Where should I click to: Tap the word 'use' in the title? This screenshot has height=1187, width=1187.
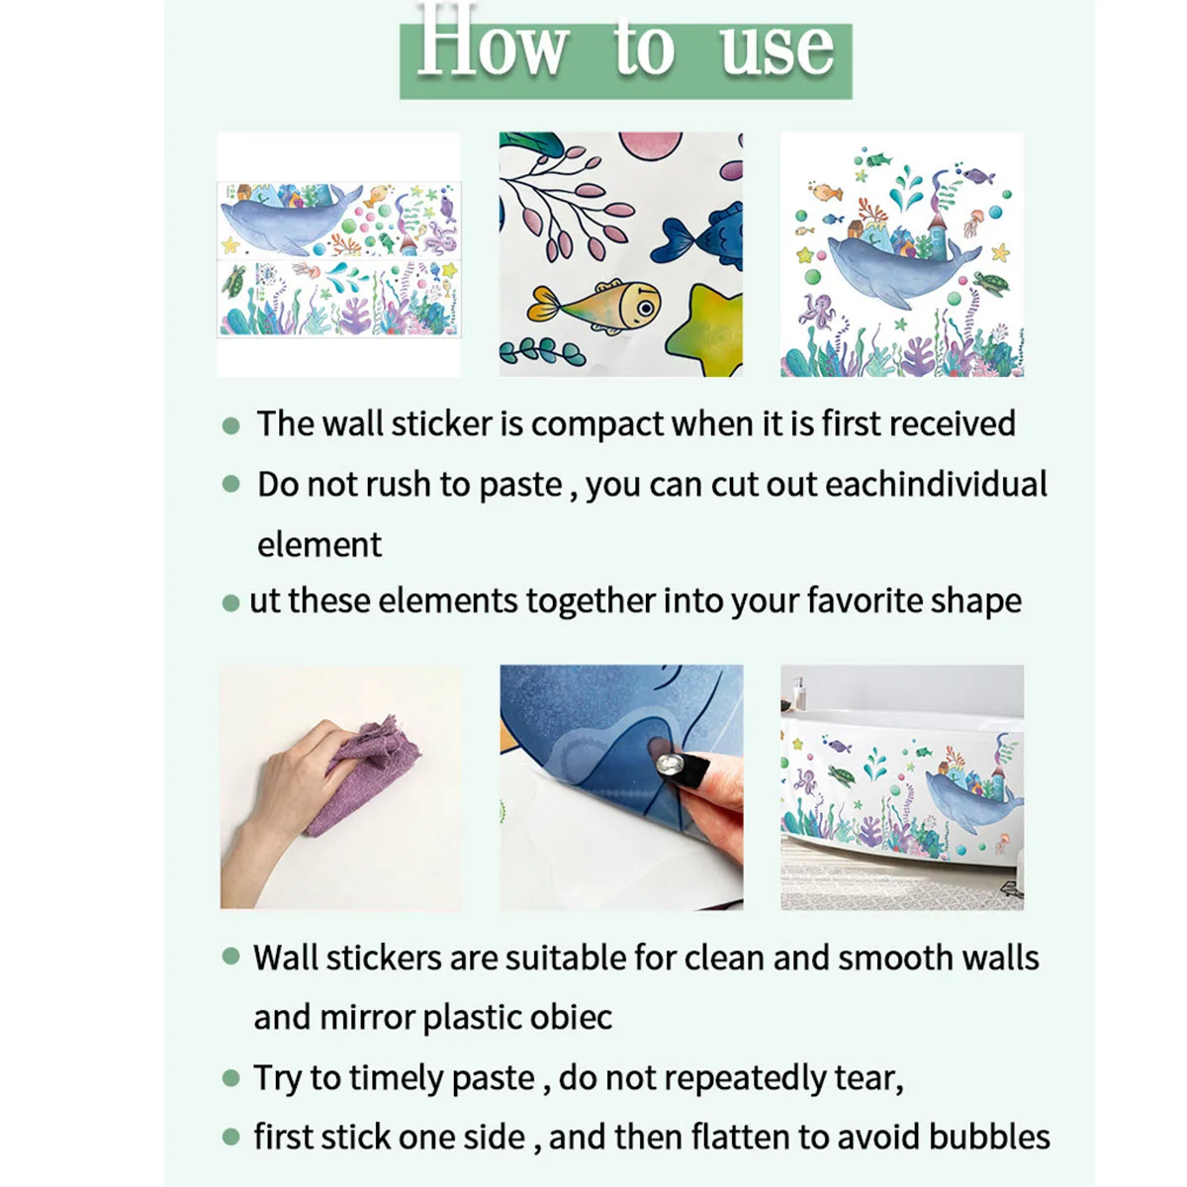777,49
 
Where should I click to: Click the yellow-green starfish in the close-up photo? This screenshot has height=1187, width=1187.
706,330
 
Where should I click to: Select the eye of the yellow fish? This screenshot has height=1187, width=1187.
646,306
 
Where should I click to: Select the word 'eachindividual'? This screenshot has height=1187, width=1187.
936,484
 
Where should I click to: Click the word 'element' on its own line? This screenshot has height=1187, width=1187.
320,544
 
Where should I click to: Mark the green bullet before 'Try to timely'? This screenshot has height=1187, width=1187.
231,1078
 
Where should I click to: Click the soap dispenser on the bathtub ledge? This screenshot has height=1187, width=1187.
799,693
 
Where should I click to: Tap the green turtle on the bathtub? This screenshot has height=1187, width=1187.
842,776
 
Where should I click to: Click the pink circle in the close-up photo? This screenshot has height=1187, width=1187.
650,145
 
